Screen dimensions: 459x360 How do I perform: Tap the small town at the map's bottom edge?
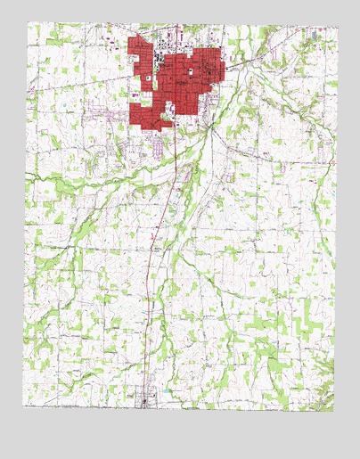click(x=146, y=402)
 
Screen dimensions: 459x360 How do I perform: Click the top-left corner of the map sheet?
click(x=27, y=23)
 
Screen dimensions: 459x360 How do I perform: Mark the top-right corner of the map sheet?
click(x=338, y=26)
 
